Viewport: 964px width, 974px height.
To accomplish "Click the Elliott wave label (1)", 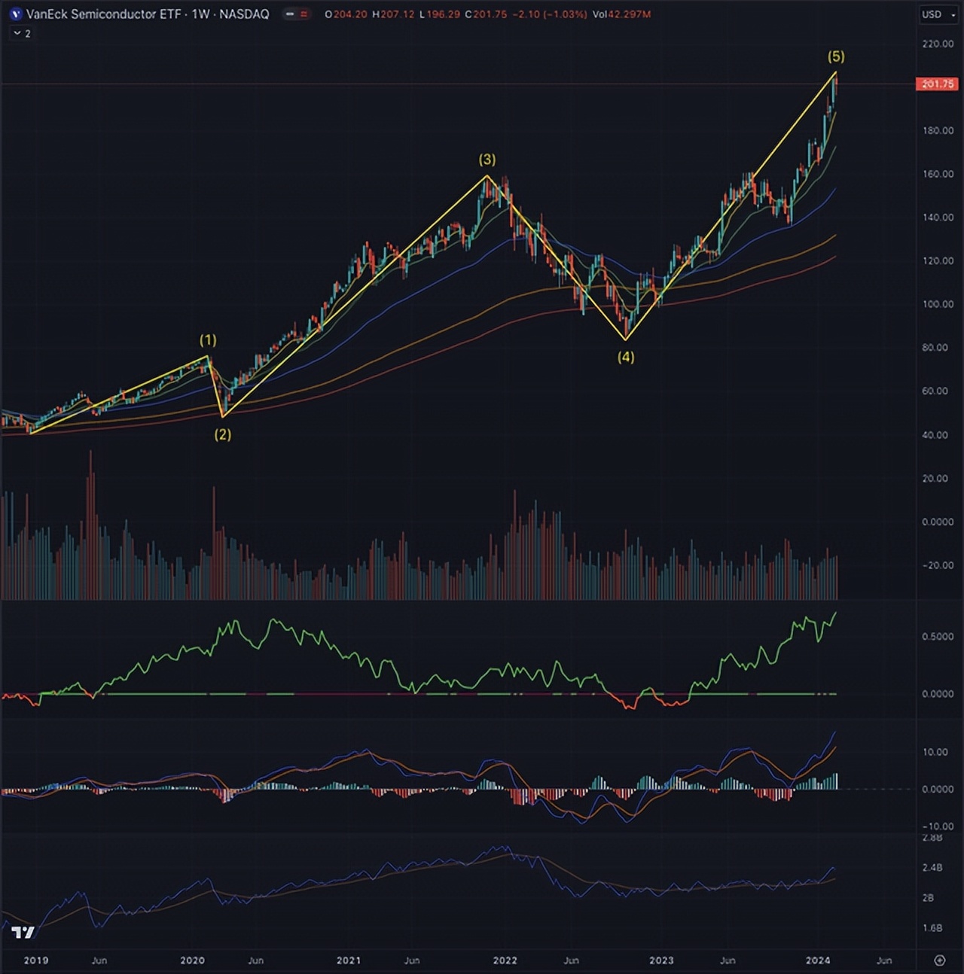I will click(208, 340).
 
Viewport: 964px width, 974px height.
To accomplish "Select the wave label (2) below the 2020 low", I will click(223, 434).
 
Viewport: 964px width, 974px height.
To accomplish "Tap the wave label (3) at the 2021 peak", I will click(487, 160).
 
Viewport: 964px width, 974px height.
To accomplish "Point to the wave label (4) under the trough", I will click(626, 357).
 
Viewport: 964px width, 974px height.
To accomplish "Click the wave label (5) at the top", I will click(836, 56).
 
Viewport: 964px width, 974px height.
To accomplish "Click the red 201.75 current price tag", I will click(937, 84).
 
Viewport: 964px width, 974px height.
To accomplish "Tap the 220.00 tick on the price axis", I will click(938, 44).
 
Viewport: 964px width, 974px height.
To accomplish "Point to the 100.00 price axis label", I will click(938, 304).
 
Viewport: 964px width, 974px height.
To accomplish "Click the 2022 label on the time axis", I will click(505, 960).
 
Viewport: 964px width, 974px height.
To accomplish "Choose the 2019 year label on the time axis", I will click(36, 960).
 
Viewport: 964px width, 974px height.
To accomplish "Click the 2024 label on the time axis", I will click(818, 960).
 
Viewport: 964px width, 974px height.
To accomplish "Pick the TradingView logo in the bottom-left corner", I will click(23, 933).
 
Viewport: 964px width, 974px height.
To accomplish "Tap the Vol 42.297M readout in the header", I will click(621, 14).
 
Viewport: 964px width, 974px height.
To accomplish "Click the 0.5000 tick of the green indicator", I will click(938, 636).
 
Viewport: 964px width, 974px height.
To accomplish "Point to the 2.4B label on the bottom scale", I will click(932, 868).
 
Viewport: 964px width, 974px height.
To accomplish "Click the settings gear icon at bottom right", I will click(939, 960).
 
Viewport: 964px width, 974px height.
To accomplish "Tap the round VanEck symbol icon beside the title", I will click(16, 14).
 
